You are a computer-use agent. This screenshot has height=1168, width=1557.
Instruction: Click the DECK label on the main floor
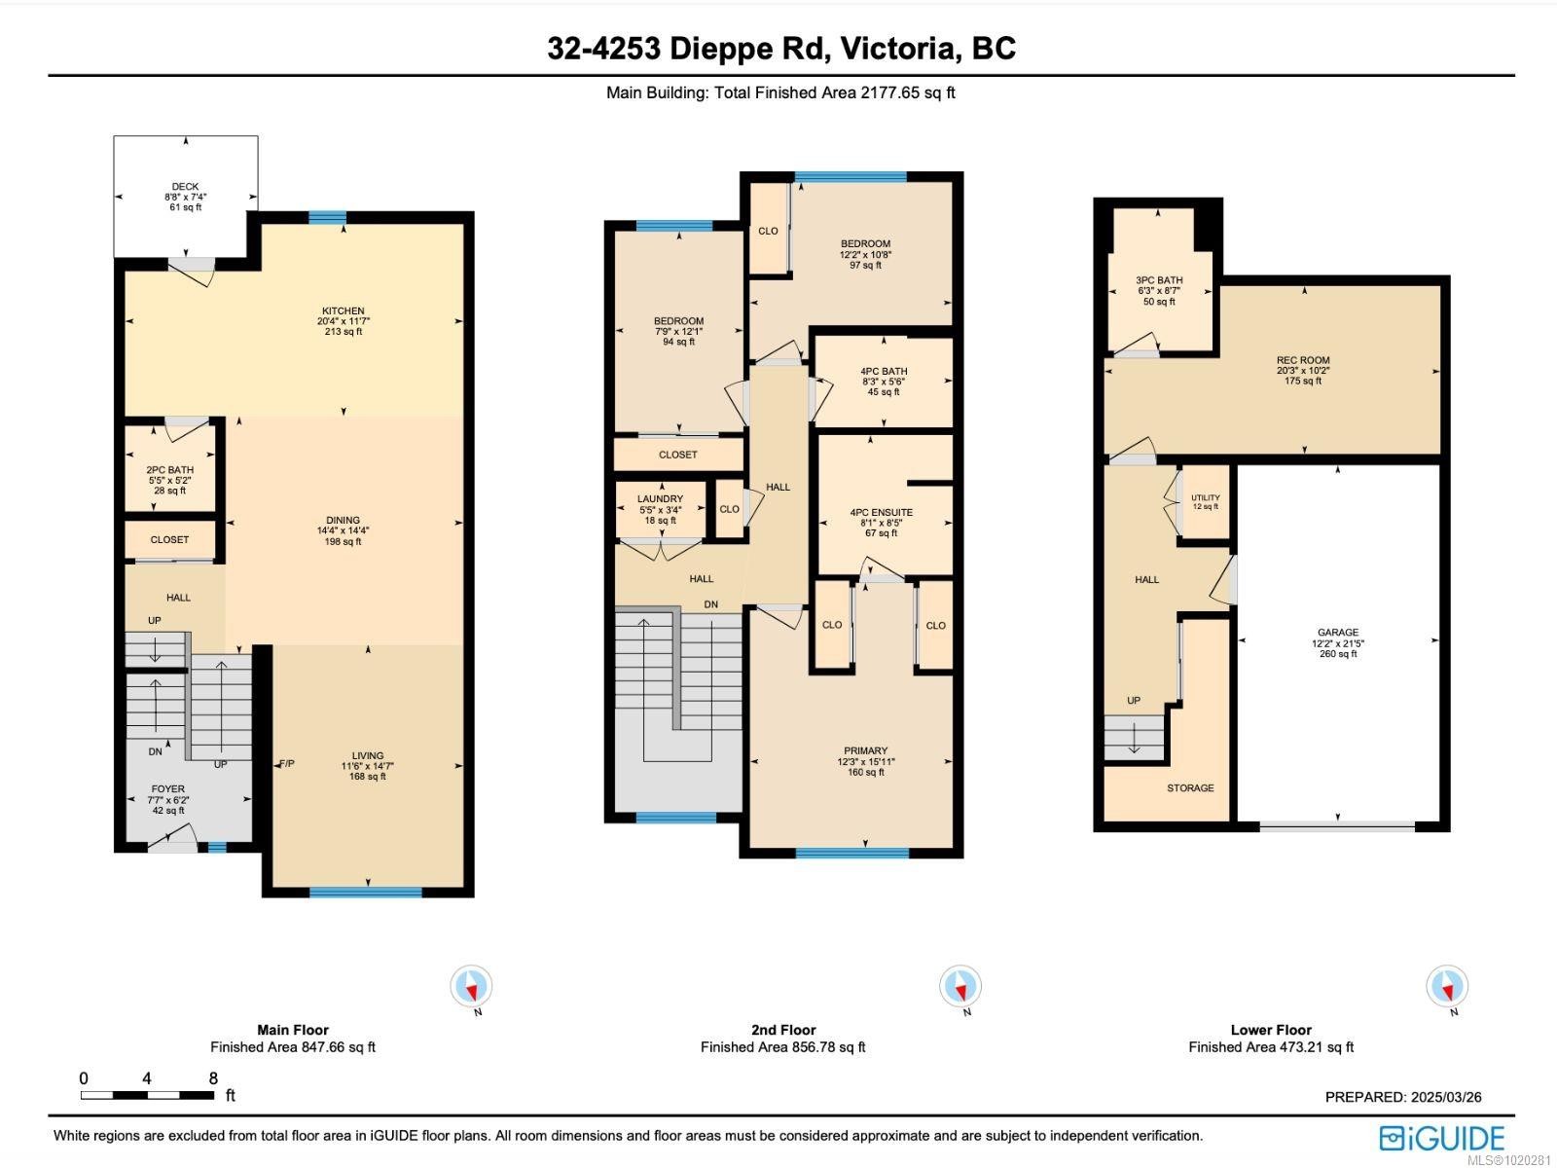point(185,187)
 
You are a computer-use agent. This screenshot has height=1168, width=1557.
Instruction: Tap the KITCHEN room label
point(343,311)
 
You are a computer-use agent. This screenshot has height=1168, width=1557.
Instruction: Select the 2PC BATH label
point(169,470)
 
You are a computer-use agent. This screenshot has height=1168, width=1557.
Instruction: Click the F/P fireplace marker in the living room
point(287,764)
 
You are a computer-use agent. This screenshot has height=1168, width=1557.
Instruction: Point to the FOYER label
point(167,789)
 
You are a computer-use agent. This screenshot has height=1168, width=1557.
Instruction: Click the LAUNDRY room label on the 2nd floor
point(660,499)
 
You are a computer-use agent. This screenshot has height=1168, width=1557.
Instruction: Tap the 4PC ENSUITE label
point(881,512)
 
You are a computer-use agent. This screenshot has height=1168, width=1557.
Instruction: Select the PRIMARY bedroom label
point(865,750)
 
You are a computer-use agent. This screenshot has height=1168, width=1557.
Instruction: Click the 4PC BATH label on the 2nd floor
point(884,371)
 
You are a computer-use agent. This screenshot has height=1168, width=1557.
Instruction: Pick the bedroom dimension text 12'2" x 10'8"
point(865,254)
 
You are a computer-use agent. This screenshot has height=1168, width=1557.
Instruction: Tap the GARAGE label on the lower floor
point(1338,633)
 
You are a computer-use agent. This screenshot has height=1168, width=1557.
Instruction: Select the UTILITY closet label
point(1205,498)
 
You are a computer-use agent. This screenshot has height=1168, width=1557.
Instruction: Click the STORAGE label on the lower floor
point(1190,788)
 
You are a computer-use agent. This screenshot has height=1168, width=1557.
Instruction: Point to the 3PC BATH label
point(1158,280)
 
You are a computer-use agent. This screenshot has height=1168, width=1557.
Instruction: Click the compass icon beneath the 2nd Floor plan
point(960,987)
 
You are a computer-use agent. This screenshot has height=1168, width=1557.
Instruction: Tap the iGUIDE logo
point(1442,1138)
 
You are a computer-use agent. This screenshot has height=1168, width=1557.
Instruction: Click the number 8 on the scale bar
point(213,1078)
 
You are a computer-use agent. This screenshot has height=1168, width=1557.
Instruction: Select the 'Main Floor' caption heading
point(293,1030)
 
